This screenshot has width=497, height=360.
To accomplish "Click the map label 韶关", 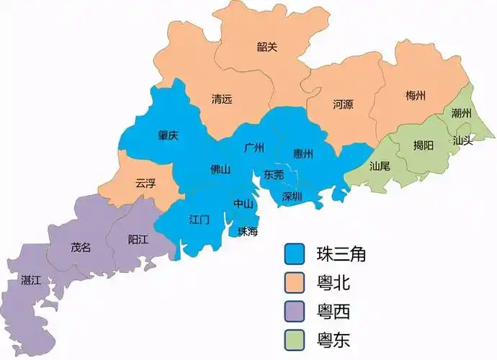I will point(267,48).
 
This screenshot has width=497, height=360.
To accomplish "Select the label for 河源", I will point(344,104).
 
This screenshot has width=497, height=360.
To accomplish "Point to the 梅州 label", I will point(416,95).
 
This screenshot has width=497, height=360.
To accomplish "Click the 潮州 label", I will point(462,114).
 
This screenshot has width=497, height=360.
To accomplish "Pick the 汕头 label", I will point(463,140).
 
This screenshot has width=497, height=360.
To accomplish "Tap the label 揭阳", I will point(424,145).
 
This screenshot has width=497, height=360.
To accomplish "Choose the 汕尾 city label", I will point(380,166).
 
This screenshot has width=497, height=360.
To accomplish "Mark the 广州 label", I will point(254,148).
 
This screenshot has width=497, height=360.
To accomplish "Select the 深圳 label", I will point(292,196).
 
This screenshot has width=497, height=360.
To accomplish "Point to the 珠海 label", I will point(248,231).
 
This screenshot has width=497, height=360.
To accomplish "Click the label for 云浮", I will point(145,183).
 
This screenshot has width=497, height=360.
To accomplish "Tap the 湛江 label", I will point(31,279).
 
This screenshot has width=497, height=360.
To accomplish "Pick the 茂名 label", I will point(81,247).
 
